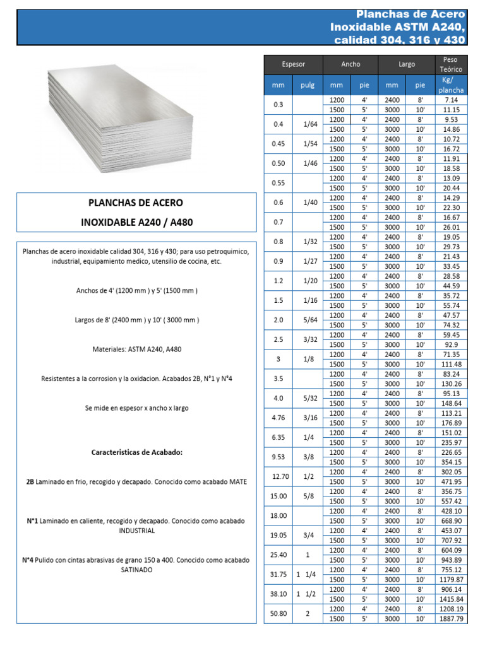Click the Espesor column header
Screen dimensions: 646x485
point(293,64)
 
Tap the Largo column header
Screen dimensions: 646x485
point(407,64)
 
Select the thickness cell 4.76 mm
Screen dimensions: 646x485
point(278,418)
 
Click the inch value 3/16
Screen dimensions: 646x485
point(309,418)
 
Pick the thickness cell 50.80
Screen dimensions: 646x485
point(278,614)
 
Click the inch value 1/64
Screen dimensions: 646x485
point(309,124)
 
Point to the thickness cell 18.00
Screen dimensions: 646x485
point(278,515)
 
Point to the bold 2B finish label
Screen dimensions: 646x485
point(30,482)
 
